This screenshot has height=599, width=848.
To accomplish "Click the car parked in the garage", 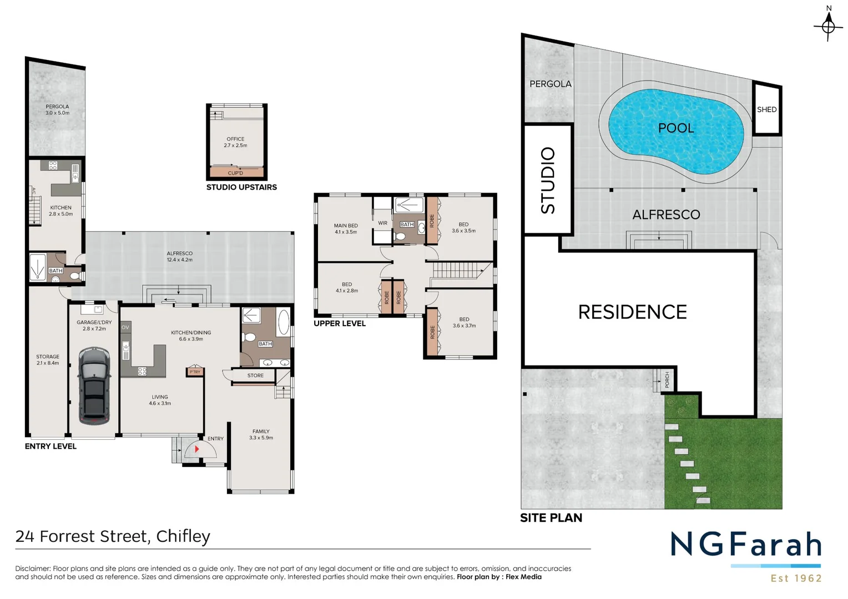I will point(94,385).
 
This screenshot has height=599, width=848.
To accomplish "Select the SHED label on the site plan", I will point(766,109).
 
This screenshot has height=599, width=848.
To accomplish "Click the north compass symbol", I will point(828,25).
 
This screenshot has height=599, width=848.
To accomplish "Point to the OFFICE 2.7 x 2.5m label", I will point(235,142).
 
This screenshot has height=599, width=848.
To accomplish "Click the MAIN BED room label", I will point(345,229).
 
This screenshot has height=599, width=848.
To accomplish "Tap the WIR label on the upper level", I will point(382,223).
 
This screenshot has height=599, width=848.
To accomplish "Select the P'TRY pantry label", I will point(195,372).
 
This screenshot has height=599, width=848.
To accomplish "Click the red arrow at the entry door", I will point(196,449).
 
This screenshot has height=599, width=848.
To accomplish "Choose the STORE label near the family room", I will point(255,375).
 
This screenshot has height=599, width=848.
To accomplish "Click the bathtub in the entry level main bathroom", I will point(283,322).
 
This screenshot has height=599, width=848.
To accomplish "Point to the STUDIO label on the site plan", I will point(548,180).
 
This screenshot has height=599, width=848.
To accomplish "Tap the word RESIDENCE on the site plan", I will point(632,312).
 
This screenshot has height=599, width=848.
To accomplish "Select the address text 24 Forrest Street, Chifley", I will point(113,536).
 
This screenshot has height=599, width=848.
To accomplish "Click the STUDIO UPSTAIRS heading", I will point(241,187).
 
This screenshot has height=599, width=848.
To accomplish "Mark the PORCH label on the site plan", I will point(667,380).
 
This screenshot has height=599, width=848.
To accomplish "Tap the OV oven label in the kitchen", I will point(125,327).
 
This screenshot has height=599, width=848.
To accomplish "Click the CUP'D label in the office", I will point(235,173).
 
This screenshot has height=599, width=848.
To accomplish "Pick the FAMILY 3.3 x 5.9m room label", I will point(261,434).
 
